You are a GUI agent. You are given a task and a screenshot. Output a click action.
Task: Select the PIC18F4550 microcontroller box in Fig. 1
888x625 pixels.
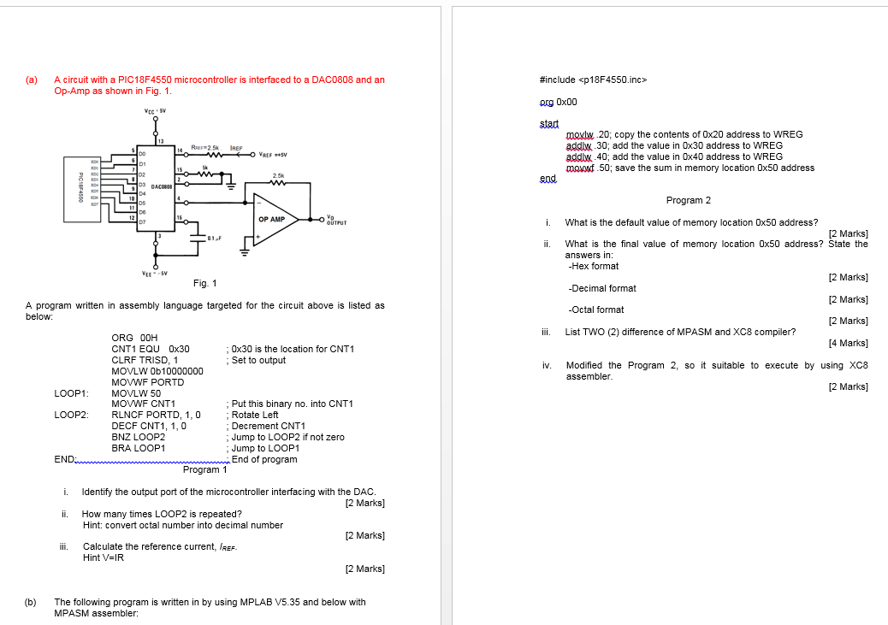(x=80, y=188)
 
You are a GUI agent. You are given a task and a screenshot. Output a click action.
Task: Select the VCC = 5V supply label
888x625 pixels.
(x=155, y=110)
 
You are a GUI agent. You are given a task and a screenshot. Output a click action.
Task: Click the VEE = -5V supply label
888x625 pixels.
(x=155, y=273)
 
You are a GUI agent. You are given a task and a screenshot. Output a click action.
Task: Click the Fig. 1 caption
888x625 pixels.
(x=205, y=283)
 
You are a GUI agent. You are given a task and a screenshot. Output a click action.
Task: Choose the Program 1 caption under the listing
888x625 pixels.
(x=205, y=469)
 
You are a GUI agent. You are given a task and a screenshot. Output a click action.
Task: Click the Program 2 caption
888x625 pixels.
(x=688, y=200)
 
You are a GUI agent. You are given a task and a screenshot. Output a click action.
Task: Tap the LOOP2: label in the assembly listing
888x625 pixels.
(x=72, y=415)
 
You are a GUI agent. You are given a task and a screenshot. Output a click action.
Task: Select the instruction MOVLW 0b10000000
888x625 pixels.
(x=157, y=371)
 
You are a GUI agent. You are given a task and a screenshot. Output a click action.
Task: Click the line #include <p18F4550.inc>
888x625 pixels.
(x=594, y=80)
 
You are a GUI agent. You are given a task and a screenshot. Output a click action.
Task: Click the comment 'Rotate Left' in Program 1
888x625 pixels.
(x=255, y=415)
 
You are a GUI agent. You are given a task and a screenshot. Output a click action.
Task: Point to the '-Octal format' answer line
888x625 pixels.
(x=596, y=310)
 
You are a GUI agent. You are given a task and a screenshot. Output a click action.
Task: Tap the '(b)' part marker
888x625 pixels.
(x=31, y=602)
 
